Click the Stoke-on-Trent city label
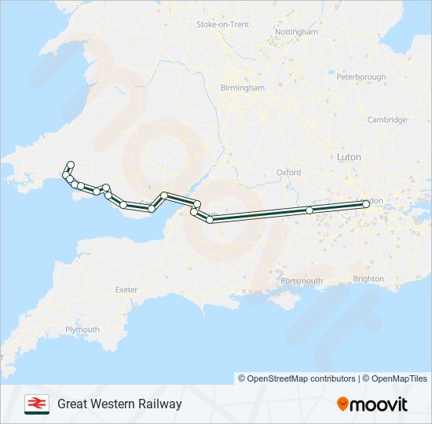[222, 24]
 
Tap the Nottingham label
[297, 32]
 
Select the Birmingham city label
[243, 88]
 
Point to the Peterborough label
[361, 77]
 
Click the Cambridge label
[386, 119]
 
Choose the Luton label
[349, 157]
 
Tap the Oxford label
[288, 172]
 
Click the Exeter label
[126, 290]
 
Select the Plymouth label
[82, 330]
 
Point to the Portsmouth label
[302, 280]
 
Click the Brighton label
[368, 279]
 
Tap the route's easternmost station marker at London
[366, 204]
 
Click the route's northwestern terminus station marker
[70, 165]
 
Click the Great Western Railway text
[119, 404]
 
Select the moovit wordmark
[379, 404]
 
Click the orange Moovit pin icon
[342, 404]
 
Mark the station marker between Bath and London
[309, 210]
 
